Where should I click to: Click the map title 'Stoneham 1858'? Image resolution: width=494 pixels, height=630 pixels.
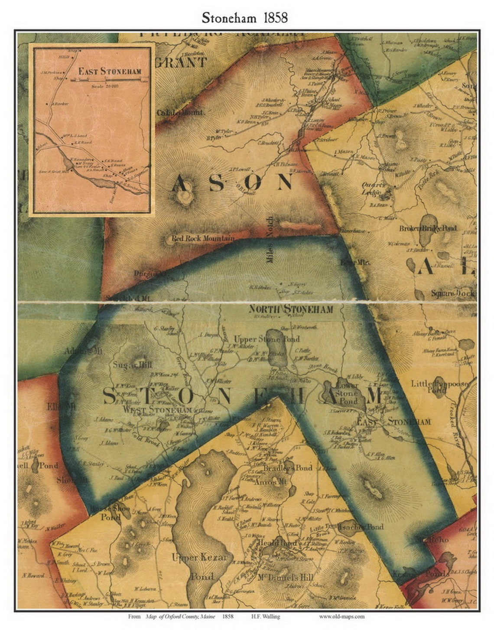tap(244, 18)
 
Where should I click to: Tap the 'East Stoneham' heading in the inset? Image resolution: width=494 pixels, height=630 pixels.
tap(110, 71)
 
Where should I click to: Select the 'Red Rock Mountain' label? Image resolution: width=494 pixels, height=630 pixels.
tap(203, 238)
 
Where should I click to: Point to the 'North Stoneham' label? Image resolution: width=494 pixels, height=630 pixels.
tap(291, 309)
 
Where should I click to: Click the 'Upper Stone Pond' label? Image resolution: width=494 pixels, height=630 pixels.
tap(266, 339)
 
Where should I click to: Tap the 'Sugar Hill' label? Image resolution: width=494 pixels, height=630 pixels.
tap(128, 365)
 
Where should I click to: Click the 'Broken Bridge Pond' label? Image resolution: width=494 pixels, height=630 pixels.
tap(428, 228)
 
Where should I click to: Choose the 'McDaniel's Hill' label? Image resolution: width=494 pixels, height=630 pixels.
tap(286, 578)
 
